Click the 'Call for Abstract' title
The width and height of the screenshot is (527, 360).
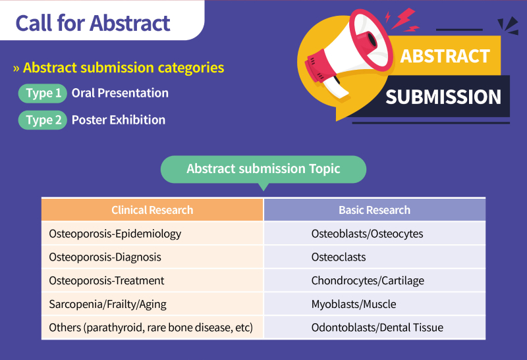93,23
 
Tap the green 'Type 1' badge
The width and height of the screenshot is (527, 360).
43,93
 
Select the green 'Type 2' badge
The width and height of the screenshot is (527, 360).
43,120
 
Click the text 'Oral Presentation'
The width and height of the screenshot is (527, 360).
120,93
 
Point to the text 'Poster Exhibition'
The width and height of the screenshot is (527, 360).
119,120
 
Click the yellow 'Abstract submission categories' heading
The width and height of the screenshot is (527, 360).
123,68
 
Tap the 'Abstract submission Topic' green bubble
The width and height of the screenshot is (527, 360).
263,169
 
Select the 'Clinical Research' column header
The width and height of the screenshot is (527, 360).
152,210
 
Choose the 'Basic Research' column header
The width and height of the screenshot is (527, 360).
375,210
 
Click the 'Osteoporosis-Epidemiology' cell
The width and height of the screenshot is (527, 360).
152,234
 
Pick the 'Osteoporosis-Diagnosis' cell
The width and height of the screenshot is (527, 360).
152,257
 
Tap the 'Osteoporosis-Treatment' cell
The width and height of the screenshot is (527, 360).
152,280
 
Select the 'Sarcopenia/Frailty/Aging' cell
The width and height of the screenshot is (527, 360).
152,304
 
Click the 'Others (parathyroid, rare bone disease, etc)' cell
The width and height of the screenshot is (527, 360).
152,328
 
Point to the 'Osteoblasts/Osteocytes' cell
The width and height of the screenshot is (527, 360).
375,234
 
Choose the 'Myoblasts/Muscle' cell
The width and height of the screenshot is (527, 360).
375,304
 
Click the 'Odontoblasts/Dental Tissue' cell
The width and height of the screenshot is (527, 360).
375,328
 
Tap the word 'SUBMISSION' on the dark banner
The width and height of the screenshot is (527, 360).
443,97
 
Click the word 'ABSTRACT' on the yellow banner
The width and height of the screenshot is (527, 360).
445,56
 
